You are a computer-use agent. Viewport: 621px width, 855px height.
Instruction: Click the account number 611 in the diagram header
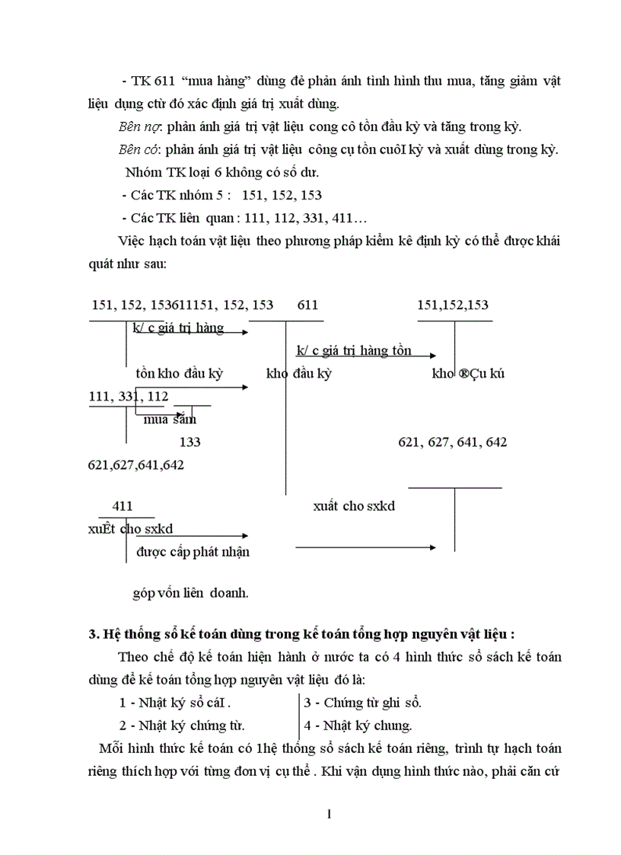point(307,305)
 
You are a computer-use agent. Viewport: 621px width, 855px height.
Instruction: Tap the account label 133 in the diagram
point(189,442)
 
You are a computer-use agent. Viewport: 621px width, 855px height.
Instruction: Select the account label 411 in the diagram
point(123,506)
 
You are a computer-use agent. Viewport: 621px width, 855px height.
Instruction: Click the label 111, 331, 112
point(129,396)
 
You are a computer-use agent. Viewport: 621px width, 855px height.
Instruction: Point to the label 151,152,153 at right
point(453,305)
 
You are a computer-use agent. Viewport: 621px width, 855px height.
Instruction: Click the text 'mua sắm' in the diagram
point(170,418)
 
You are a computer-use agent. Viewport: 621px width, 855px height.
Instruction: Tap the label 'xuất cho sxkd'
point(354,506)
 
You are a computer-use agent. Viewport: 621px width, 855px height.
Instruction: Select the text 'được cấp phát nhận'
point(193,552)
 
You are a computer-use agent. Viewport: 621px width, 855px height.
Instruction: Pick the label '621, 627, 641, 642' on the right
point(452,442)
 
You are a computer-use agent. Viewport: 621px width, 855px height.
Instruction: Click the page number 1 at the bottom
point(329,815)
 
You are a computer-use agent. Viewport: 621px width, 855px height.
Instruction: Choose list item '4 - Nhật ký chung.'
point(358,726)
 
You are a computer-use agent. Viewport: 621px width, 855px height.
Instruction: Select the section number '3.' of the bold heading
point(94,633)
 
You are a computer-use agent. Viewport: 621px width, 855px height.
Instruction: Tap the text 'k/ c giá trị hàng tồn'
point(354,351)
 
